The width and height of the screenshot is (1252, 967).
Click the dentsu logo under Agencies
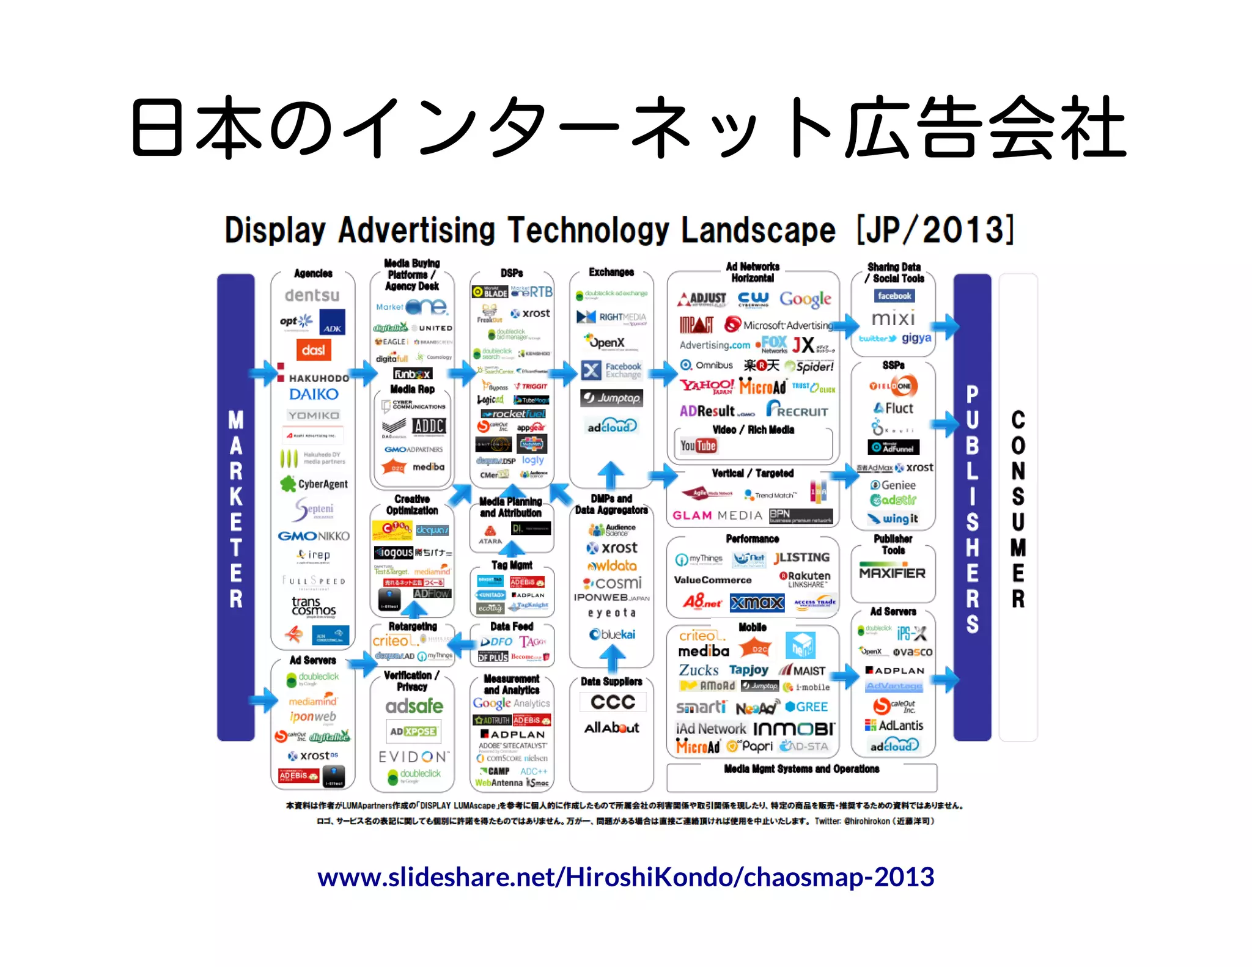click(312, 296)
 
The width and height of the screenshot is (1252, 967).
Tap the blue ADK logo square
click(332, 322)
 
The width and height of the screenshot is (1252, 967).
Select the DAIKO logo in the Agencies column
click(314, 394)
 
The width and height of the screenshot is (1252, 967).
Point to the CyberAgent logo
click(314, 484)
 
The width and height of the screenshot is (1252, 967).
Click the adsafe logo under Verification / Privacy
click(414, 707)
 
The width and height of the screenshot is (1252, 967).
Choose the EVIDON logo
click(414, 757)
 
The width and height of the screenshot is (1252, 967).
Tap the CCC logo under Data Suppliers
click(613, 702)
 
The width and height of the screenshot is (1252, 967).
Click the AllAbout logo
click(611, 727)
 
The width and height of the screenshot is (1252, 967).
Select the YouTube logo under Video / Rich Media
click(698, 446)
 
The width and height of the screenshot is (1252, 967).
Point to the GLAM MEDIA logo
click(717, 515)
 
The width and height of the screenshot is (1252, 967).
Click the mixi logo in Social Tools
click(893, 318)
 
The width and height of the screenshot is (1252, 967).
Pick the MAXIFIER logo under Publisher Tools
click(892, 573)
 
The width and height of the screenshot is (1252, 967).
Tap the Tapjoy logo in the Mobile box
click(748, 670)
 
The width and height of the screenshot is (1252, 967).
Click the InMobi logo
click(794, 729)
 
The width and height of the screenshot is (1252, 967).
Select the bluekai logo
click(612, 634)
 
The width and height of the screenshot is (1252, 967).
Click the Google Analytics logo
click(511, 704)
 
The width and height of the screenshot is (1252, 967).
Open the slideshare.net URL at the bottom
click(625, 877)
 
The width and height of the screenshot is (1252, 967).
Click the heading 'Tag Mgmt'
click(512, 565)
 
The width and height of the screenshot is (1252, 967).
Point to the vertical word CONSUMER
click(1018, 509)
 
